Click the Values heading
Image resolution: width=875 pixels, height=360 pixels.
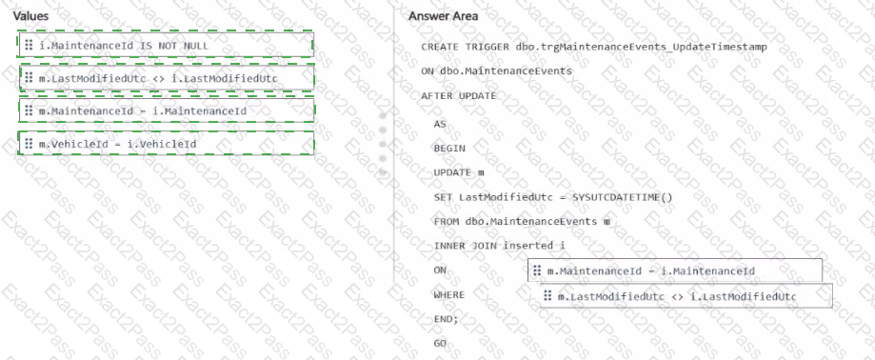pos(30,16)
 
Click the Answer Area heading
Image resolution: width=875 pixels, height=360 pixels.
pos(443,16)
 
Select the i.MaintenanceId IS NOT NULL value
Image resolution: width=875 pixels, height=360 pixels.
pos(167,45)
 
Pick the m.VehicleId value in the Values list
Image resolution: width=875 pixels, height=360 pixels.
pos(167,144)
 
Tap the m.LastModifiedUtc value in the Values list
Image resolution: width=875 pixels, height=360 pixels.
pos(167,78)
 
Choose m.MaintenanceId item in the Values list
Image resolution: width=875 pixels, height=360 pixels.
pos(167,111)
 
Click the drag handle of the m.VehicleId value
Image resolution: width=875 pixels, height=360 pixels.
pos(29,144)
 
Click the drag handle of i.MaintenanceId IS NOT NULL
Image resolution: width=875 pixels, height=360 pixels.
pos(29,45)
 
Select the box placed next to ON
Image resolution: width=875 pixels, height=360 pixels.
pos(675,270)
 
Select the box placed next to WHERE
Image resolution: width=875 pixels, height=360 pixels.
pos(686,296)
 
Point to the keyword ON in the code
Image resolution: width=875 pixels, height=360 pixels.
pos(440,270)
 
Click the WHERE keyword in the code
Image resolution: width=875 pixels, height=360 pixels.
pos(449,294)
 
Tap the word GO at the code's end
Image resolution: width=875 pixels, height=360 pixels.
pos(440,343)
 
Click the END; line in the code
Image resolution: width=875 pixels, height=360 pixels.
pos(446,319)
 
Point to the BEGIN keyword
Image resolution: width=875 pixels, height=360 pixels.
pos(449,149)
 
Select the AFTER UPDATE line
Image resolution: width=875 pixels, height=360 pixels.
pos(459,96)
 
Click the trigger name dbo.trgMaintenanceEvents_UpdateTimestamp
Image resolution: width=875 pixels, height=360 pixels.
pos(642,47)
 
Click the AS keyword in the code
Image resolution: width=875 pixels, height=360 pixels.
pos(440,124)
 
